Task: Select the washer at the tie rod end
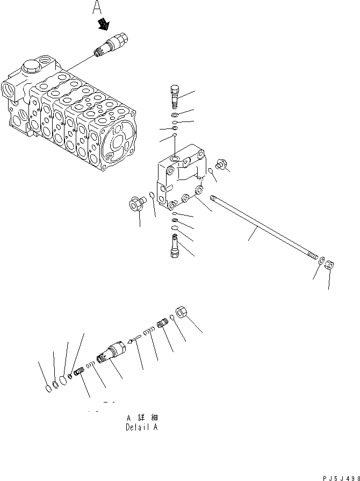pos(321,261)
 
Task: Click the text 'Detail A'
pos(142,428)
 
